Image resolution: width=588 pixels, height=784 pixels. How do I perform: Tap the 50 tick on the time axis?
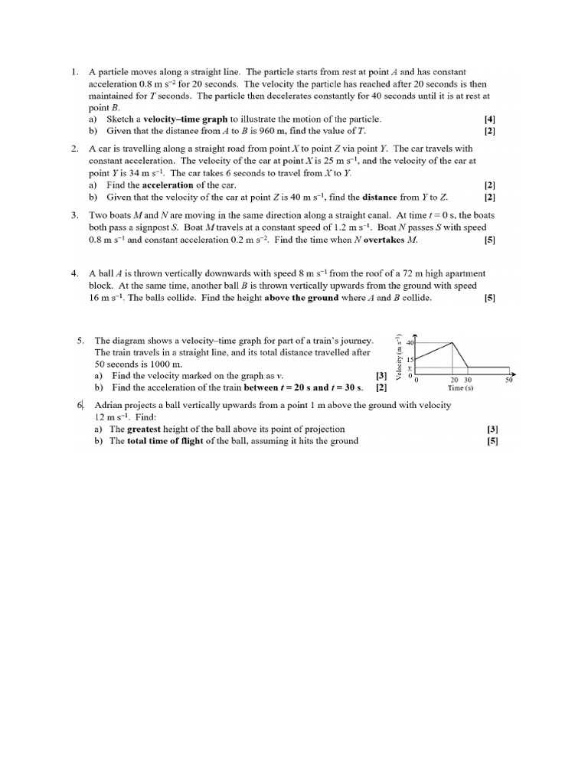tap(508, 380)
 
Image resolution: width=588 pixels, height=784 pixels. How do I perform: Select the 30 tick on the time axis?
tap(469, 380)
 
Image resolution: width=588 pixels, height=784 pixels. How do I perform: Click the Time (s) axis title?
tap(461, 388)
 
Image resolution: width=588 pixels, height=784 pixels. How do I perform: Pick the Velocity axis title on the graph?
tap(400, 357)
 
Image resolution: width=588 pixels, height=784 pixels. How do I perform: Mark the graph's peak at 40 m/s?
tap(455, 343)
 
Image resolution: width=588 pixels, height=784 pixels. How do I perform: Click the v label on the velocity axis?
tap(409, 368)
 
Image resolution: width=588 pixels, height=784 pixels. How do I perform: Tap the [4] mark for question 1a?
tap(490, 119)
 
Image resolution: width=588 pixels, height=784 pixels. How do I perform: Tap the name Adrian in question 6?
tap(109, 405)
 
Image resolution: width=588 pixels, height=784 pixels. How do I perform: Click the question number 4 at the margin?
tap(74, 273)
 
